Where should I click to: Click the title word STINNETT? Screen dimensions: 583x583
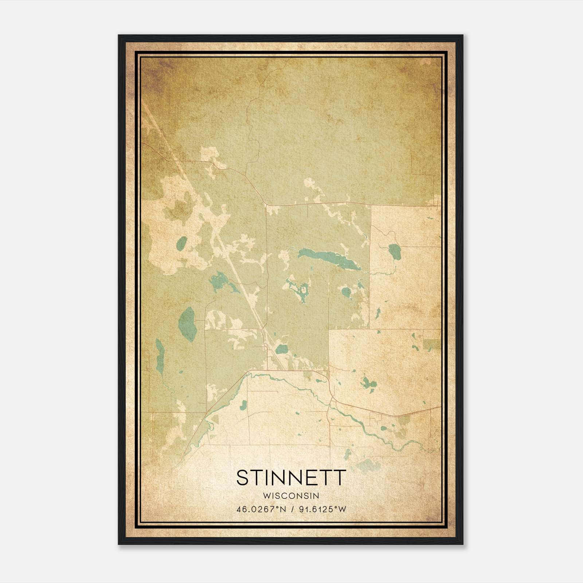pyautogui.click(x=291, y=478)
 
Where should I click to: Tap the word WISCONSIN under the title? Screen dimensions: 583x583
pyautogui.click(x=291, y=496)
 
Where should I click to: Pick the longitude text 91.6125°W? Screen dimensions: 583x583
pyautogui.click(x=322, y=509)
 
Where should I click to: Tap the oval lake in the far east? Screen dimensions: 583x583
pyautogui.click(x=395, y=251)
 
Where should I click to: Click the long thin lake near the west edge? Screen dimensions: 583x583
pyautogui.click(x=160, y=355)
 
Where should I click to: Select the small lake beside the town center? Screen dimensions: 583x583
pyautogui.click(x=281, y=350)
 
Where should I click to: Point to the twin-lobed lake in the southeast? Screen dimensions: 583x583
pyautogui.click(x=368, y=383)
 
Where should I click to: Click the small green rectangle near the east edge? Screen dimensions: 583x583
pyautogui.click(x=432, y=345)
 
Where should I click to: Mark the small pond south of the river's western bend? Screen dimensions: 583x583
pyautogui.click(x=243, y=404)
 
